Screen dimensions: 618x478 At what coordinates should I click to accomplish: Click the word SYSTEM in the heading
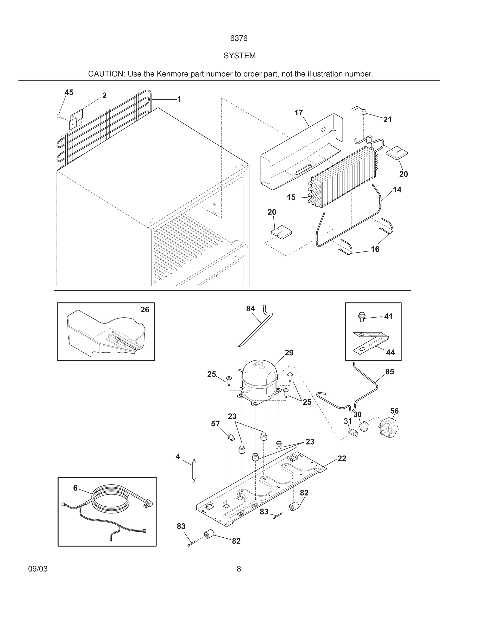[239, 56]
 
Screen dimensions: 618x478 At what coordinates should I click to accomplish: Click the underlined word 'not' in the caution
[287, 74]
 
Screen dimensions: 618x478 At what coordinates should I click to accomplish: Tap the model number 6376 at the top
[239, 38]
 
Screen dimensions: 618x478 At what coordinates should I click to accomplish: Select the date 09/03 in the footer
[38, 569]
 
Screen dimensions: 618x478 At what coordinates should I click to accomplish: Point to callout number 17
[298, 113]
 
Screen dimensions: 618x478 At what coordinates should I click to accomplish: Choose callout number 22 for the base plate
[342, 458]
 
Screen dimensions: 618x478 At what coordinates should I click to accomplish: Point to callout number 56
[394, 411]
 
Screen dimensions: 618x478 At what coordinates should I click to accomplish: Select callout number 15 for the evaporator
[291, 197]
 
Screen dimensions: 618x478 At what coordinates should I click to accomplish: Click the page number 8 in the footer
[239, 569]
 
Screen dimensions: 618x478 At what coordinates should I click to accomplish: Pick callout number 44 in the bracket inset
[390, 352]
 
